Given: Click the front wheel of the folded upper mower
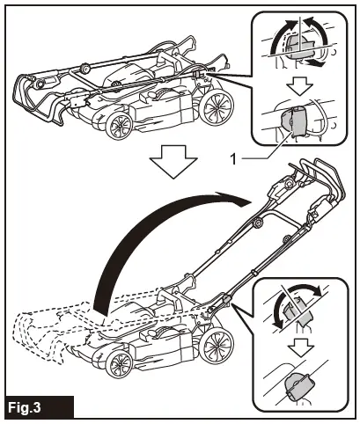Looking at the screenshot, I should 116,126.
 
